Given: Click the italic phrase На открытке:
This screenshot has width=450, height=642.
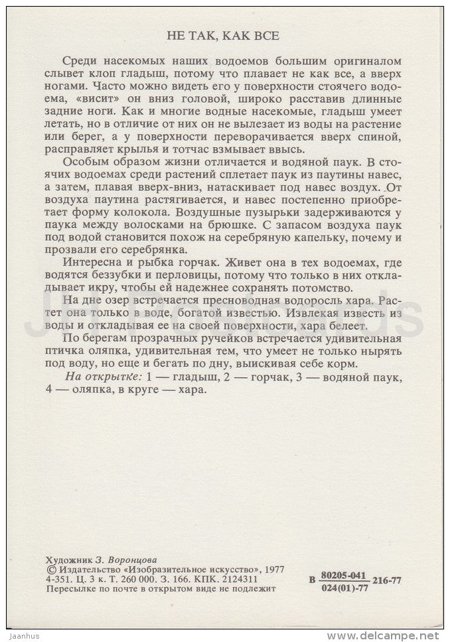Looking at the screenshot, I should [x=102, y=377].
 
